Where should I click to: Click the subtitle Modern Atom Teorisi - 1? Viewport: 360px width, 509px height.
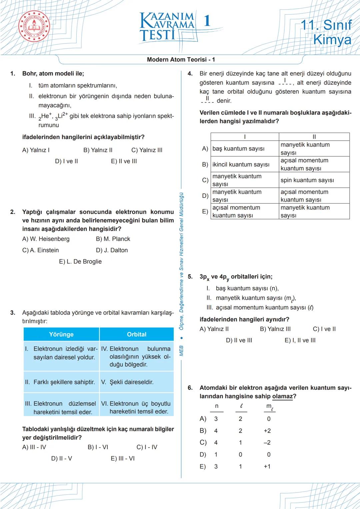point(181,60)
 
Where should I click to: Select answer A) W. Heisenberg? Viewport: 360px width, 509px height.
point(46,239)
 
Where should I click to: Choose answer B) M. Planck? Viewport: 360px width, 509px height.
point(113,239)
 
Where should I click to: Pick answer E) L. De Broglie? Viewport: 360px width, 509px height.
point(80,262)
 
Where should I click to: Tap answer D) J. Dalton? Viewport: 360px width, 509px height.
point(112,250)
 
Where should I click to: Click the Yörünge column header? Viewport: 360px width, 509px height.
point(61,334)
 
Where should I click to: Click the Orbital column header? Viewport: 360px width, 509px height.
point(137,334)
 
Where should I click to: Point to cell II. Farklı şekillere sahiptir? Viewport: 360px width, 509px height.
point(60,382)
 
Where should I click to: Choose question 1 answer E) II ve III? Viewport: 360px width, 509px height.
point(124,161)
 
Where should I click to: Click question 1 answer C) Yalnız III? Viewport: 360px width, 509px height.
point(147,150)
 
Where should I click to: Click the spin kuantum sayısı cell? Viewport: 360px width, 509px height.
point(307,180)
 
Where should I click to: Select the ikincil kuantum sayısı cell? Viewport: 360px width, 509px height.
point(241,165)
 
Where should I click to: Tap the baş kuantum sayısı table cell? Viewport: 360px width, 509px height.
point(238,149)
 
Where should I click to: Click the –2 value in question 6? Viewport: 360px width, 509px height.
point(267,443)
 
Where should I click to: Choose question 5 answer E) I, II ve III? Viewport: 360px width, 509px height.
point(300,340)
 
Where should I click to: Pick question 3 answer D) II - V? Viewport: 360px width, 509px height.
point(61,459)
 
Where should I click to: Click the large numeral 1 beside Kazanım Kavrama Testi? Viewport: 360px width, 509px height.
point(207,21)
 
